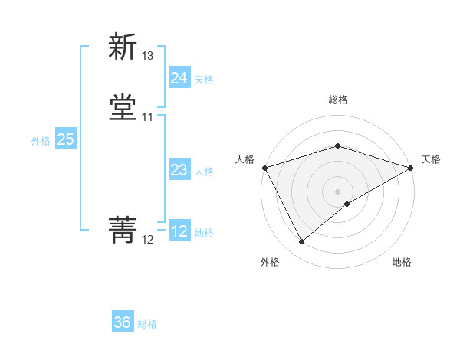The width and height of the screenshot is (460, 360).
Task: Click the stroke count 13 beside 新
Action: click(x=147, y=56)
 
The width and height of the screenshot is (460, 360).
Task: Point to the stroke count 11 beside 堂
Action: click(x=147, y=117)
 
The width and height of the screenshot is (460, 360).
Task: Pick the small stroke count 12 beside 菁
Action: click(x=147, y=240)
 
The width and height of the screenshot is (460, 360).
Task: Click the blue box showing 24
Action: click(x=179, y=78)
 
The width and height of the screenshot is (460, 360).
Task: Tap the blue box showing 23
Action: click(x=179, y=170)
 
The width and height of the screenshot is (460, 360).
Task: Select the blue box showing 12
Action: click(x=179, y=231)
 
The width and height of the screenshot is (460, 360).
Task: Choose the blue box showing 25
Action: click(x=65, y=139)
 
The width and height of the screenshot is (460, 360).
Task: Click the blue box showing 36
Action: click(x=122, y=322)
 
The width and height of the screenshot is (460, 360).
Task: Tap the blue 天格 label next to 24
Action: click(x=204, y=80)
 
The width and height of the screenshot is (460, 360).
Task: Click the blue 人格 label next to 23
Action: click(x=204, y=172)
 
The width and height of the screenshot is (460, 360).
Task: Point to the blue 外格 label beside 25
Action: click(x=41, y=141)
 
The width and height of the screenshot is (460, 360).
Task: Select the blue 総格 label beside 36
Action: click(x=147, y=324)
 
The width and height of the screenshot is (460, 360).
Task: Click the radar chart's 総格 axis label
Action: click(x=337, y=100)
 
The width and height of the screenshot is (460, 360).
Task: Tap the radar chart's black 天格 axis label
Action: click(x=431, y=159)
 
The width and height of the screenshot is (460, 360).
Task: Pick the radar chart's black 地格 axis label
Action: click(x=402, y=262)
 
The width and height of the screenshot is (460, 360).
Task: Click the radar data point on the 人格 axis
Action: click(x=264, y=167)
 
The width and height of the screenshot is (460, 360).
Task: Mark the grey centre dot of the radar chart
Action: click(x=337, y=191)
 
